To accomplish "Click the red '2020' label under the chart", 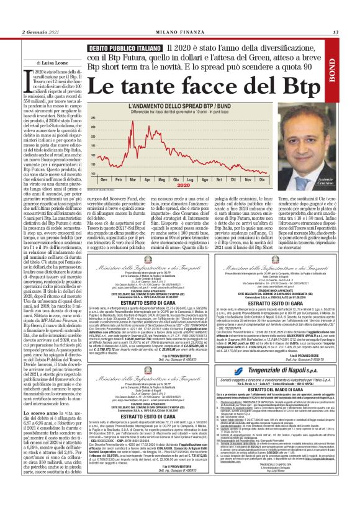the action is tap(182, 185).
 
